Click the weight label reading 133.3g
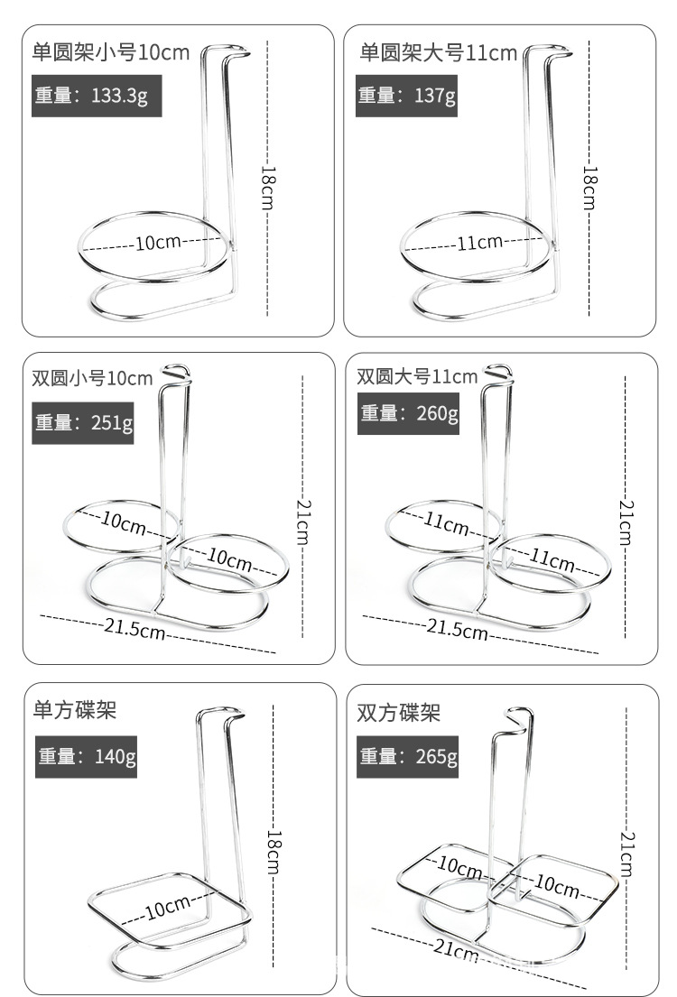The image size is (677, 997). coord(97,96)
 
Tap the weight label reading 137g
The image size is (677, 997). coord(406,96)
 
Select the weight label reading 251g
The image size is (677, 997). coord(83,423)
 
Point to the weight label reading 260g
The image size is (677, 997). coord(409,413)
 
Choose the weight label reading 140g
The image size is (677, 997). coord(86,757)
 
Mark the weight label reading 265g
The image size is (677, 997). coord(407,757)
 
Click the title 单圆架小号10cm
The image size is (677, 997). coord(111,52)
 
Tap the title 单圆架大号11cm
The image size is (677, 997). coord(439,52)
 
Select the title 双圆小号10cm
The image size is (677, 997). coord(92,378)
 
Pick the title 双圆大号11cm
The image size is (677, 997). coord(417,376)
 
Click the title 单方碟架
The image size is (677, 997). coord(75,709)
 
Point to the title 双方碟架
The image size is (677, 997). coord(398,713)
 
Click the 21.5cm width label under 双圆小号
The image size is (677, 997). coord(134,629)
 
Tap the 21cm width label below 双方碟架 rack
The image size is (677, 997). coord(456,949)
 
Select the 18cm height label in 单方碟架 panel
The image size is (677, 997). coord(274,852)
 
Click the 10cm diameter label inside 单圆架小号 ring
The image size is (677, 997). coord(158,242)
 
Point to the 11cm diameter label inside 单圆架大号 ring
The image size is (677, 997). coord(480,242)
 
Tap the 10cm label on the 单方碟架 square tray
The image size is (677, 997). coord(168,907)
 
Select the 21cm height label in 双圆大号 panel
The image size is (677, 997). coord(626,522)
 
